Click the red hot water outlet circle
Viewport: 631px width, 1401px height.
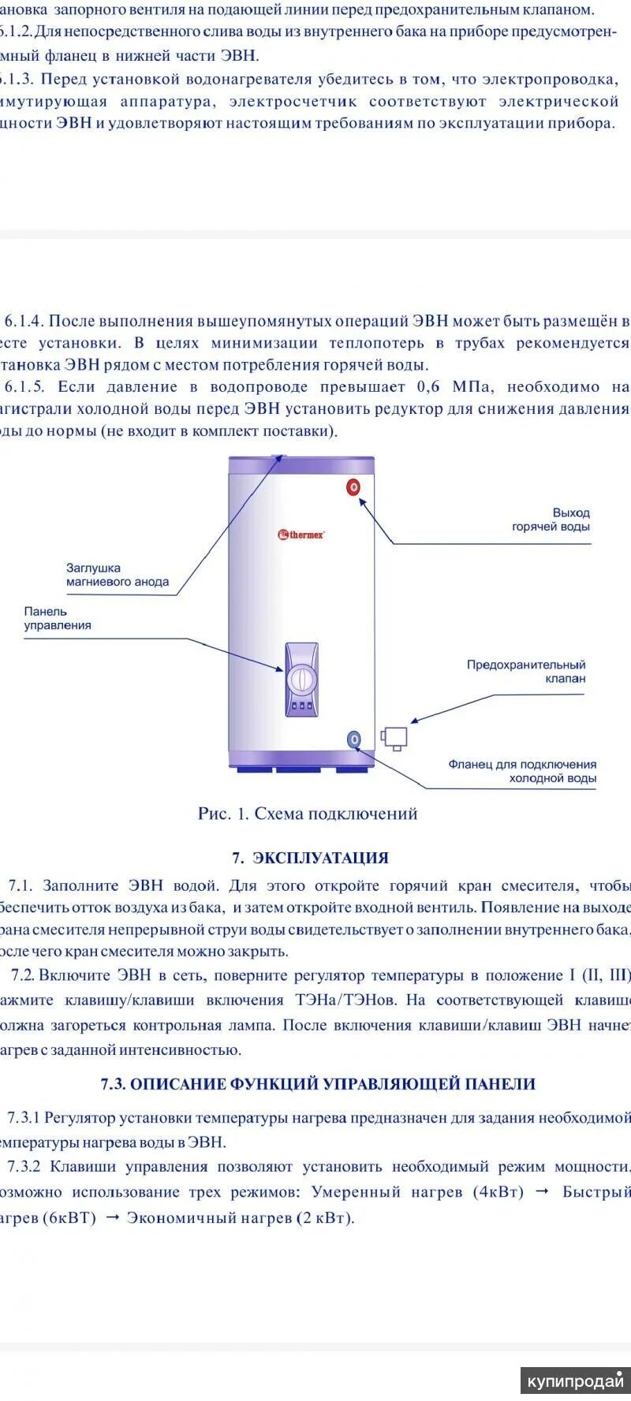[x=354, y=486]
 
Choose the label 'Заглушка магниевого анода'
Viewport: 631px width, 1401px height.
[x=118, y=575]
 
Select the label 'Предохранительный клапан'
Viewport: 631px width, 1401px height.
[x=526, y=672]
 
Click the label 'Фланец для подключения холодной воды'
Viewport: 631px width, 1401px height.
[x=522, y=771]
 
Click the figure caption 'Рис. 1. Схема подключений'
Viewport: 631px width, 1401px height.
[x=308, y=814]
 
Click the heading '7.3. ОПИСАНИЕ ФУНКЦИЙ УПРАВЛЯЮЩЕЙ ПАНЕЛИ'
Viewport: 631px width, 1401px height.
[x=318, y=1084]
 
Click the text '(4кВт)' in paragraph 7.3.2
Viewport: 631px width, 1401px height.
[x=498, y=1191]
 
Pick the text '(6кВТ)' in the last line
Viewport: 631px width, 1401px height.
[x=70, y=1217]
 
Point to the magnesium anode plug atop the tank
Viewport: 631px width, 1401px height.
[x=278, y=456]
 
